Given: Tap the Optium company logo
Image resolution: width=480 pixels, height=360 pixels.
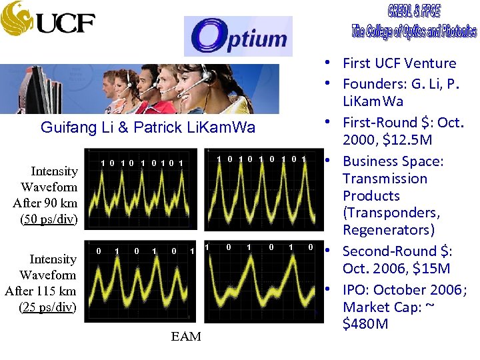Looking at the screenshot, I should (238, 37).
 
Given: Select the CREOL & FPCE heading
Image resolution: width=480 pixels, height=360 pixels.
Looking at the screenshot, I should (414, 11).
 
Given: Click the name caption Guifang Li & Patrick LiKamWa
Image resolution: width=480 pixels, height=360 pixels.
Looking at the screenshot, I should (148, 127).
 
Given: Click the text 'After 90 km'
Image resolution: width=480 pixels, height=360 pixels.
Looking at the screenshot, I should (45, 203).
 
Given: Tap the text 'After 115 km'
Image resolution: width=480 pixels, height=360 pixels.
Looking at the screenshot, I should (41, 291).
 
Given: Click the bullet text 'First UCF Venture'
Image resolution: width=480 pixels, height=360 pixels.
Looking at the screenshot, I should (399, 63).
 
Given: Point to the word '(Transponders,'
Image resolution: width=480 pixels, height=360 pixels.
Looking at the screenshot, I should (390, 213).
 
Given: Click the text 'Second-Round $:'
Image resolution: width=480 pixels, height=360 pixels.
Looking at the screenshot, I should (397, 251).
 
